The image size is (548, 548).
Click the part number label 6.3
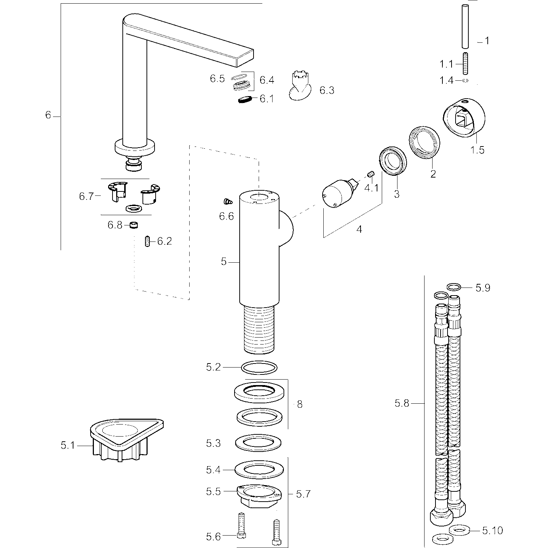(327, 90)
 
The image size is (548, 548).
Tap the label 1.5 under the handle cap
(477, 150)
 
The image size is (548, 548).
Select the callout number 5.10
(492, 530)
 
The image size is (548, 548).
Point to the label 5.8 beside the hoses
(402, 404)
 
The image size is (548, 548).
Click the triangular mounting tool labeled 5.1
(126, 440)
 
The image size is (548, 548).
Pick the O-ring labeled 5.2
(259, 367)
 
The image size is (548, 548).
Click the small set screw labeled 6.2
(147, 241)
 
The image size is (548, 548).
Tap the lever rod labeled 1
(465, 26)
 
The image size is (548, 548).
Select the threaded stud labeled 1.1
(465, 64)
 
